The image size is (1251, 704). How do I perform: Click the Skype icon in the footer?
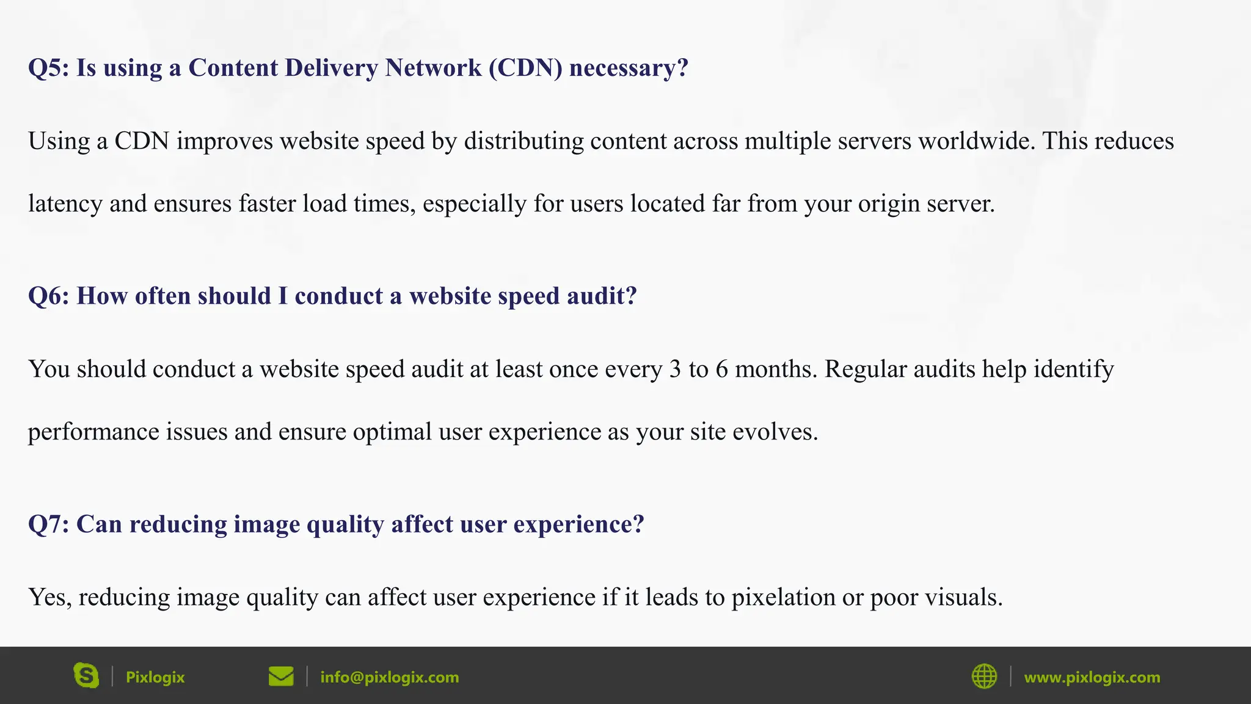[86, 676]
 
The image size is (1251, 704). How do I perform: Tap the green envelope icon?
[281, 676]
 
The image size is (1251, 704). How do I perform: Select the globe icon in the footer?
[984, 676]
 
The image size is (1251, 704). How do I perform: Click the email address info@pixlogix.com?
[389, 677]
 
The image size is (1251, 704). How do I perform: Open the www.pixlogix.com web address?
[1092, 677]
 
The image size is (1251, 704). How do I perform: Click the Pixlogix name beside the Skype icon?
[155, 677]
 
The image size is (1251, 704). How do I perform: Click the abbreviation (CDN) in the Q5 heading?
[525, 68]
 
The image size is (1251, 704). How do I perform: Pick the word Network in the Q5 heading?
[433, 68]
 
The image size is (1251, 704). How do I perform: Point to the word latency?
[65, 204]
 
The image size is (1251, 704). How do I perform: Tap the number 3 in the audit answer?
[675, 370]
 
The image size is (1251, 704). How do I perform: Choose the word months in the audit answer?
[775, 370]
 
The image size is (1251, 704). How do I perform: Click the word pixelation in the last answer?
[783, 598]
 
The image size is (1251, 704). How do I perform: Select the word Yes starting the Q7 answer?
[50, 598]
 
